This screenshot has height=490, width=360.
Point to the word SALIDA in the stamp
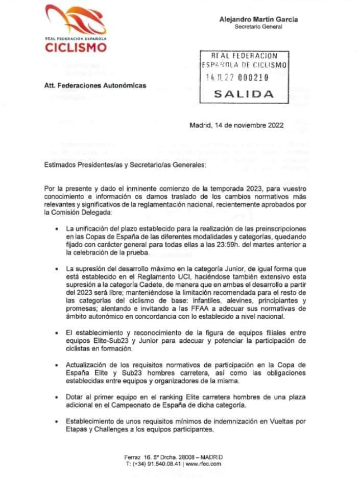click(x=244, y=94)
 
